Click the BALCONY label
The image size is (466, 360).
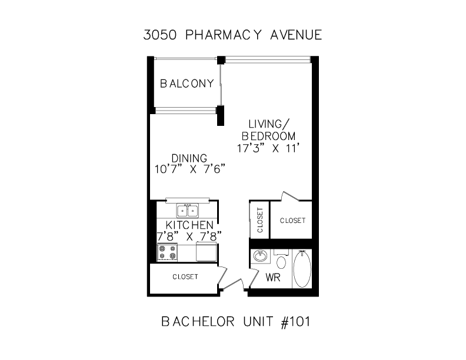point(187,84)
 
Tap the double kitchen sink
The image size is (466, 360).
point(188,211)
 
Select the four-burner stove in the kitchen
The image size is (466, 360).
point(167,252)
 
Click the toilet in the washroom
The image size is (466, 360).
point(281,260)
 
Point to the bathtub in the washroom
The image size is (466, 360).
point(302,269)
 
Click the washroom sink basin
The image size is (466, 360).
point(261,256)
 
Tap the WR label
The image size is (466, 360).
point(273,278)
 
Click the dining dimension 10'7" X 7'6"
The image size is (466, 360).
point(189,169)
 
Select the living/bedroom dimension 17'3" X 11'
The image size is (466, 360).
point(267,148)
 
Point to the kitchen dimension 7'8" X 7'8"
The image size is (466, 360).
point(189,236)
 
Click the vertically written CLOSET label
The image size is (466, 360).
point(259,220)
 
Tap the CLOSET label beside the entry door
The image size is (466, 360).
point(185,277)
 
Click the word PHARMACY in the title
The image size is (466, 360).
point(224,35)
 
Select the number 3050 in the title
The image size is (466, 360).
point(160,35)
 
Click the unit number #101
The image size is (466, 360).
point(295,322)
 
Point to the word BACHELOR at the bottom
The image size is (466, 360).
point(198,322)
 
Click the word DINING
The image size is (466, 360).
point(189,158)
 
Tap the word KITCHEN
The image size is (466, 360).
point(189,225)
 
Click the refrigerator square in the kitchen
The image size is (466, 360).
point(207,252)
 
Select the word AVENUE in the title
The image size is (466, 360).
point(296,35)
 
